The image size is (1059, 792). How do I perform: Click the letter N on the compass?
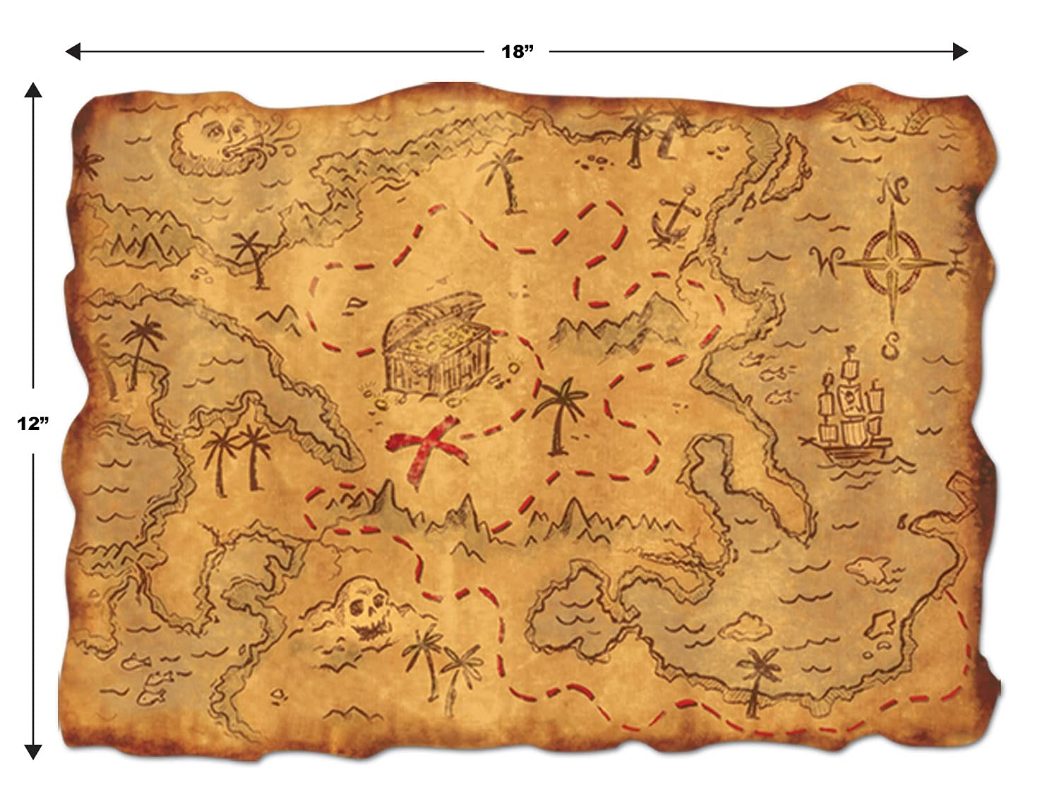click(x=894, y=190)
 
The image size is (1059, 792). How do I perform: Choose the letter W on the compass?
click(x=824, y=263)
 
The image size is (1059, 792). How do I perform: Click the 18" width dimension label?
click(x=516, y=52)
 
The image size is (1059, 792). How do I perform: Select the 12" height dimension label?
click(x=32, y=423)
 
